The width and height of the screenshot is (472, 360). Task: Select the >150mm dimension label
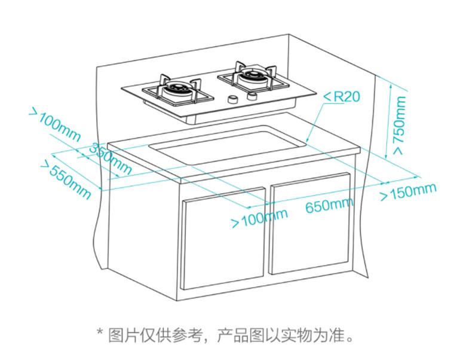point(409,191)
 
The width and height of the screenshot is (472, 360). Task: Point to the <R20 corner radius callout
point(342,96)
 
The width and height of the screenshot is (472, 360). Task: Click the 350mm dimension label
point(111,159)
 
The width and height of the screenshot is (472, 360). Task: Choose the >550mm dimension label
point(65,179)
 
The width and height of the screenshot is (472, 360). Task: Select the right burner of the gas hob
point(251,77)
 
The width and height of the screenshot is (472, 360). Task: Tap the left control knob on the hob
point(233,99)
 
